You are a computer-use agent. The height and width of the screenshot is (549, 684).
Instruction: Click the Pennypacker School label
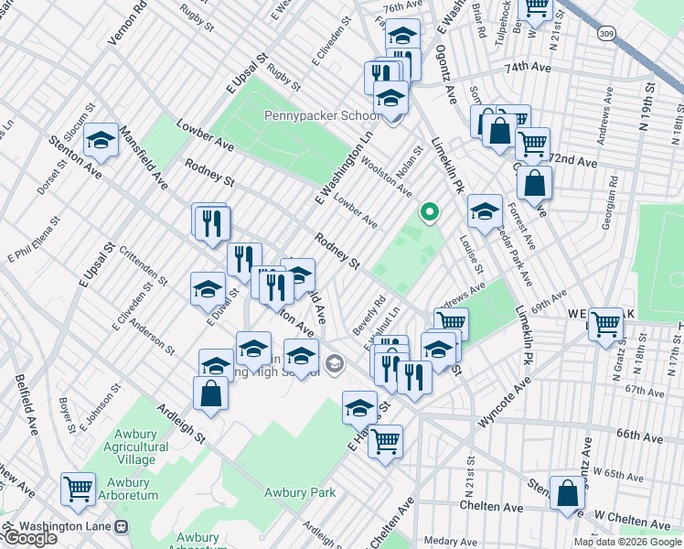pos(322,115)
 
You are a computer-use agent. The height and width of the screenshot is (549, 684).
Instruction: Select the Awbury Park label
pos(299,492)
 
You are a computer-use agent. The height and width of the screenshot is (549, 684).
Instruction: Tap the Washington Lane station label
pos(71,526)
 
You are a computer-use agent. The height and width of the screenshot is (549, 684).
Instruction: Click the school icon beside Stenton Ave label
pos(101,141)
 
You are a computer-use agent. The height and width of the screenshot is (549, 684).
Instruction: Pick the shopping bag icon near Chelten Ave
pos(567,492)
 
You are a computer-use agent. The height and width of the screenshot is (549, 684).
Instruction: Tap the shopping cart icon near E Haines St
pos(385,441)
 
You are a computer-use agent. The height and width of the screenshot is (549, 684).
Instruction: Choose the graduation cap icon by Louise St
pos(484,211)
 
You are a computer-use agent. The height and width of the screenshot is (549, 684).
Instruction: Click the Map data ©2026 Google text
pos(627,542)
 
